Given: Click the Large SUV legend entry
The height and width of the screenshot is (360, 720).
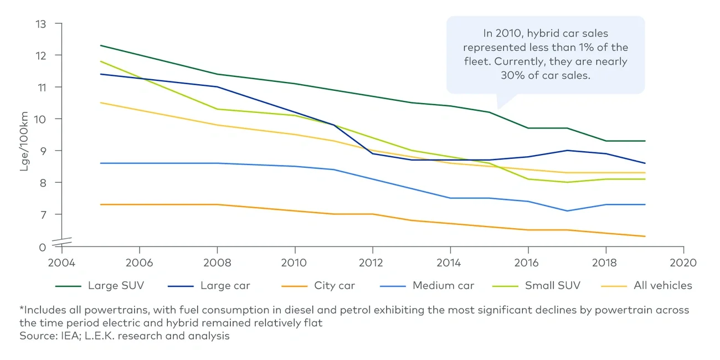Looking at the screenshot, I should [x=116, y=286].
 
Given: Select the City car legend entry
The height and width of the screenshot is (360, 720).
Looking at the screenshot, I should [x=334, y=286].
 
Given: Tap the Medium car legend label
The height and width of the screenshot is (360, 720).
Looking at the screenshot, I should [x=443, y=286].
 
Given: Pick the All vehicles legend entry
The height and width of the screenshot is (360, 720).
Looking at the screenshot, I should [x=662, y=286].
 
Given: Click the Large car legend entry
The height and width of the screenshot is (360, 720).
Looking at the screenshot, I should [x=225, y=286].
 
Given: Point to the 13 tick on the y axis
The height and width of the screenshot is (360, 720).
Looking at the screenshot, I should [x=41, y=24].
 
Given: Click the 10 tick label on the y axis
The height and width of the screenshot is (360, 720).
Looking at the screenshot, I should [x=41, y=119].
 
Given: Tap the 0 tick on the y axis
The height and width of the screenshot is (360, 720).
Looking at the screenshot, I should [x=43, y=247].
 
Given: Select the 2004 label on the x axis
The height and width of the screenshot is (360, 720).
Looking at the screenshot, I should [x=61, y=263].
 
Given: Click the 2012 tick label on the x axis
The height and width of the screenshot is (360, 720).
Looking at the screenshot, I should [x=372, y=263].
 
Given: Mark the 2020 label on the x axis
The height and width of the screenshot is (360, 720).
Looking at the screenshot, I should [x=683, y=263].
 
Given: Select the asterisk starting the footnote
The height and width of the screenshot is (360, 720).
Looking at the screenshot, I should [x=21, y=309].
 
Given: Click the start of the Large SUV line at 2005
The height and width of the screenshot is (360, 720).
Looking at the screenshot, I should [x=101, y=45].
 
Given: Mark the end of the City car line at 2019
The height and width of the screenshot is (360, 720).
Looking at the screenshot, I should [x=645, y=236].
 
